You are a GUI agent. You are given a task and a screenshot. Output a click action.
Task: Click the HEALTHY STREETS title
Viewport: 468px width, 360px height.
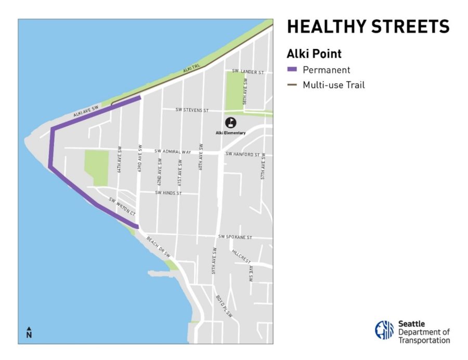point(368,27)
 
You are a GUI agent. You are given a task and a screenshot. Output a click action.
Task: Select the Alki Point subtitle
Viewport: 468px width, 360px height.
point(314,54)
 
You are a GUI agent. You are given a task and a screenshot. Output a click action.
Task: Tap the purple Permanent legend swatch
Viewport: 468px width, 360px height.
point(292,70)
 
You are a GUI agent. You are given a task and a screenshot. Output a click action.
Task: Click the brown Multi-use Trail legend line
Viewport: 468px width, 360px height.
point(292,85)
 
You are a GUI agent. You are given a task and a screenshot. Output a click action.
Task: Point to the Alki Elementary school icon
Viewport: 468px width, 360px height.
point(230,123)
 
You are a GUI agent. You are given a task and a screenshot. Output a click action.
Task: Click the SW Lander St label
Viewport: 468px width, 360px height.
point(248,72)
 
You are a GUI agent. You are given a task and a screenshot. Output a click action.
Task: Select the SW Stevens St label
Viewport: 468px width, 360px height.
point(192,110)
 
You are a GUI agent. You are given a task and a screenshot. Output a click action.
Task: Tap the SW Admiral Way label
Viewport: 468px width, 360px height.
point(172,152)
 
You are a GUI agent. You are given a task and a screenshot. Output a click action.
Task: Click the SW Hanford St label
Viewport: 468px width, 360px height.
point(242,154)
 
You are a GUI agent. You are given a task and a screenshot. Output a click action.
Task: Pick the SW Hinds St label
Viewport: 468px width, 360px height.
point(168,193)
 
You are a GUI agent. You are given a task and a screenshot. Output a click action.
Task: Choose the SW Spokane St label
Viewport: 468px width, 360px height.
point(235,237)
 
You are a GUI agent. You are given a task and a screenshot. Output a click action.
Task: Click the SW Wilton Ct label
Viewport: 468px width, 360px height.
point(122,207)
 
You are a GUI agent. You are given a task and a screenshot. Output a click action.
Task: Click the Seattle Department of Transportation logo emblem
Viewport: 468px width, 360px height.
point(384,330)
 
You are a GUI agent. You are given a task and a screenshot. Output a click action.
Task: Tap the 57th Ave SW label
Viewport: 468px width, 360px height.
point(263,166)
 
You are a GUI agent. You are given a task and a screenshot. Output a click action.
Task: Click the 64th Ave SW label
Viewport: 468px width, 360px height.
point(119,158)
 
